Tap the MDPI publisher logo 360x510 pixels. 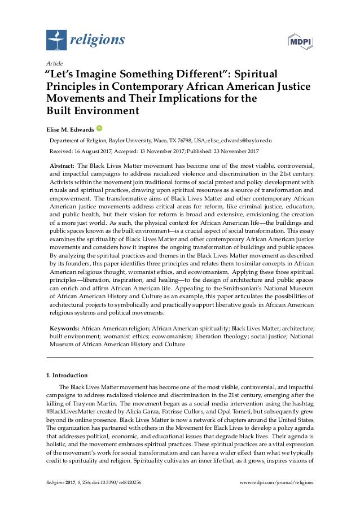(301, 42)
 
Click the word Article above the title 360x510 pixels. (54, 63)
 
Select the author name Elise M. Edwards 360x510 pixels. (70, 130)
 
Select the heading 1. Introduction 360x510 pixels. (66, 374)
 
